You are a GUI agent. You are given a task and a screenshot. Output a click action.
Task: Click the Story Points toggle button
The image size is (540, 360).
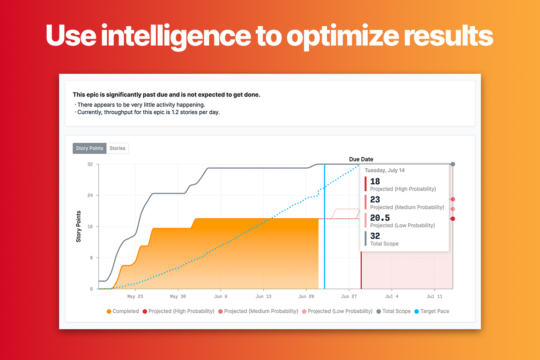[x=89, y=148]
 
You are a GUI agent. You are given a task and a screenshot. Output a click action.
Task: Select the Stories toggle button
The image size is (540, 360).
[x=117, y=148]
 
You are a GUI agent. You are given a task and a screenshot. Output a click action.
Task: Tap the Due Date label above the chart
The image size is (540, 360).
[x=361, y=159]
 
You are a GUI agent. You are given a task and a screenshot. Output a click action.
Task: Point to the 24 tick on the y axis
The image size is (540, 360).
[x=90, y=196]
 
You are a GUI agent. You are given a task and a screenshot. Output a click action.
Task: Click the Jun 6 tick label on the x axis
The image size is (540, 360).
[x=221, y=297]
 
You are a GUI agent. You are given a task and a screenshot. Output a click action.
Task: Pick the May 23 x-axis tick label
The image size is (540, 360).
[x=135, y=297]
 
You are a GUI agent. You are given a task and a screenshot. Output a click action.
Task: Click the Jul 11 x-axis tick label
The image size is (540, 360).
[x=435, y=297]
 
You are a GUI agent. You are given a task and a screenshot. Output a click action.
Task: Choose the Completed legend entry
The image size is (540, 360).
[x=125, y=312]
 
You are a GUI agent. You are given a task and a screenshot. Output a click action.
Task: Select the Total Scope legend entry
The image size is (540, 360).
[x=396, y=312]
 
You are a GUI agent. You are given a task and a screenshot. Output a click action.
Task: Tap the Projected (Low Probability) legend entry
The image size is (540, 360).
[x=340, y=312]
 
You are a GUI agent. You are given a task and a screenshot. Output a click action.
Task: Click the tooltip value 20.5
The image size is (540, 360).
[x=380, y=218]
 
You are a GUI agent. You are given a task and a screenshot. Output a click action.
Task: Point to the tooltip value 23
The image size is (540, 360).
[x=375, y=199]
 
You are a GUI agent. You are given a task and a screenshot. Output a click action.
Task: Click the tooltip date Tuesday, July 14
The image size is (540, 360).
[x=385, y=170]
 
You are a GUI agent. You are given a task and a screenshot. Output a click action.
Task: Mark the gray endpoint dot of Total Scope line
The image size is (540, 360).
[x=453, y=164]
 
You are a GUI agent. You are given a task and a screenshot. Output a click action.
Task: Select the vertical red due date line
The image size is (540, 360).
[x=361, y=270]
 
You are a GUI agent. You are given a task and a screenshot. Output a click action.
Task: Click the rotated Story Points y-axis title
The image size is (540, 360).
[x=78, y=226]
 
